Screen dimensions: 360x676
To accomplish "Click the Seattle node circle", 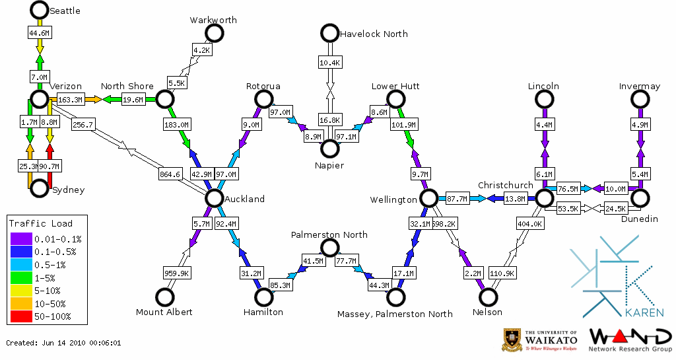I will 39,10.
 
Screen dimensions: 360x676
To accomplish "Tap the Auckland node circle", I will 214,198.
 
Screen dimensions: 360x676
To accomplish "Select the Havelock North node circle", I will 329,32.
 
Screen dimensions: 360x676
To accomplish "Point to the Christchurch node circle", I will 544,198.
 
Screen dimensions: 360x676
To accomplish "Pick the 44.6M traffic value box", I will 39,32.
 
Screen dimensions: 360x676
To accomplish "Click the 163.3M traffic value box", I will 70,100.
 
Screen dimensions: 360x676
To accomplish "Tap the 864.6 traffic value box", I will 170,174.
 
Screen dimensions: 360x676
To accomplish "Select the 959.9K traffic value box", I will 176,272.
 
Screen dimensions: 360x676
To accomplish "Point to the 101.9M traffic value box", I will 405,124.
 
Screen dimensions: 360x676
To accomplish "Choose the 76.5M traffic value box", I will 568,189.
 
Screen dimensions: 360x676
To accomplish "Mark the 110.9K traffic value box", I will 503,272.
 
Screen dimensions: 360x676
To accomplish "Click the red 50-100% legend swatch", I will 22,317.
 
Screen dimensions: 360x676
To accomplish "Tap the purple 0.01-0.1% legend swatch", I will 22,239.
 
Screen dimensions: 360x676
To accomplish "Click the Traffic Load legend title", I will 41,223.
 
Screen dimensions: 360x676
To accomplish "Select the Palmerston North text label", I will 329,235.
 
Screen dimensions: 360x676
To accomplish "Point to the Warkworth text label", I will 213,20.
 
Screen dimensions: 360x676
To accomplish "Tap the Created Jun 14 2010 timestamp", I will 63,343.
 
